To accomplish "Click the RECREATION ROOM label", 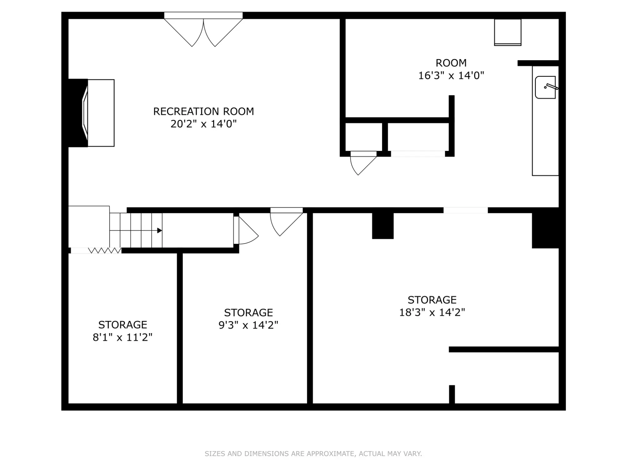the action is pyautogui.click(x=203, y=111).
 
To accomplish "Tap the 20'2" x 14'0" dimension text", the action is pyautogui.click(x=203, y=124).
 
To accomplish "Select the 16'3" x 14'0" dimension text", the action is pyautogui.click(x=451, y=76).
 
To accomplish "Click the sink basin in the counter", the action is pyautogui.click(x=545, y=87).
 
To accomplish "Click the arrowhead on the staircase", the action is pyautogui.click(x=160, y=230).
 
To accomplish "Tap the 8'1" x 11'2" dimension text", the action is pyautogui.click(x=122, y=337).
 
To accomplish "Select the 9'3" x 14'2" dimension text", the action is pyautogui.click(x=248, y=325).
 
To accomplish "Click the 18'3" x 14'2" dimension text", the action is pyautogui.click(x=432, y=312).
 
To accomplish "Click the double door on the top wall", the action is pyautogui.click(x=203, y=30).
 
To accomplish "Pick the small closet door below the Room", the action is pyautogui.click(x=364, y=163).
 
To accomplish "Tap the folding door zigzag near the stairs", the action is pyautogui.click(x=105, y=250).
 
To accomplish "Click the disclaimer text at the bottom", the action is pyautogui.click(x=313, y=453).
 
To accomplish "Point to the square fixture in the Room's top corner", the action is pyautogui.click(x=508, y=32).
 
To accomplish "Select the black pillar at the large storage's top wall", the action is pyautogui.click(x=383, y=226).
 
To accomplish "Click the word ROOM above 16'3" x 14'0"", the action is pyautogui.click(x=451, y=63).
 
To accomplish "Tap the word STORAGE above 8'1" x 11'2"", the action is pyautogui.click(x=122, y=325).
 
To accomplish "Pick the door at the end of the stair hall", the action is pyautogui.click(x=246, y=230).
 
